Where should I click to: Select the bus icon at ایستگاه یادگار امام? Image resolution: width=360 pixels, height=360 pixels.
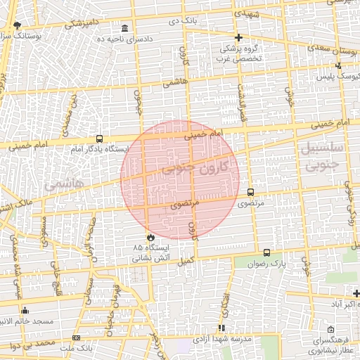coord(98,139)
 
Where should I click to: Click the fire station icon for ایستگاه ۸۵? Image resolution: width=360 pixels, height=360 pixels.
coord(149,237)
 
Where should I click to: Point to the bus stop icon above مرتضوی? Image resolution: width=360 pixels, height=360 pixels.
coord(250,192)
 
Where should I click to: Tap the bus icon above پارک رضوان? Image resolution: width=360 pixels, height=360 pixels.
coord(266,252)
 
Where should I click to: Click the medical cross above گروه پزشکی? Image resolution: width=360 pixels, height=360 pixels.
coord(238,37)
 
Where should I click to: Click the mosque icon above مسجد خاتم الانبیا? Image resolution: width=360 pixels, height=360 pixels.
coord(25,310)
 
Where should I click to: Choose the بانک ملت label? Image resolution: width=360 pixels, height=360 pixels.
coord(77,347)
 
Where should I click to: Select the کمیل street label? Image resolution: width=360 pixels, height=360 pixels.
coord(185,259)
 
